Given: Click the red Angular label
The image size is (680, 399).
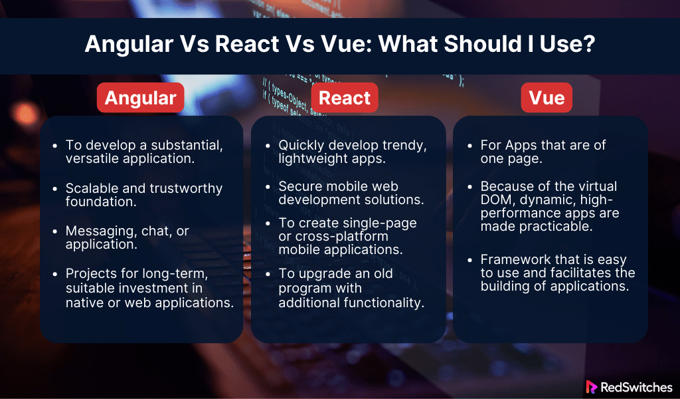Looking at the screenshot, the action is (141, 98).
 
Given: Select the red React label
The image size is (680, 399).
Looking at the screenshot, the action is (345, 98).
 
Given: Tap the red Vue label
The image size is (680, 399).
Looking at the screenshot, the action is (547, 98).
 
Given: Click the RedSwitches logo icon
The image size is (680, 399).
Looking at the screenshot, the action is (591, 387).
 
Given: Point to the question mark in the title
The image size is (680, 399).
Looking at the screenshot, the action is (589, 43).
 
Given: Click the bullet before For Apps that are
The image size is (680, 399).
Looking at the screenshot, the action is (469, 146).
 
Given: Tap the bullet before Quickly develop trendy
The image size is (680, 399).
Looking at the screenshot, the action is (268, 146).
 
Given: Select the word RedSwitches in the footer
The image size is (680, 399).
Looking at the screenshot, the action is (636, 387).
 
